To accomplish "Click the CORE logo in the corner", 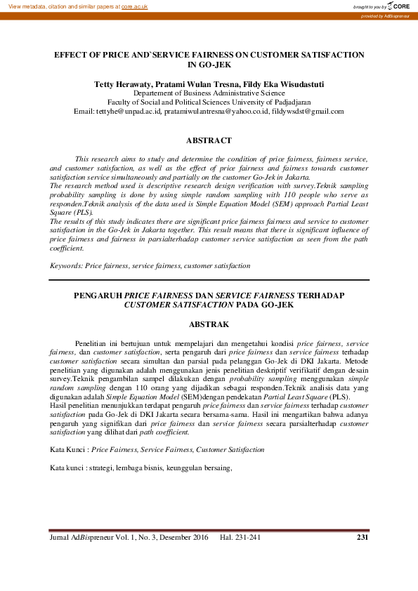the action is point(400,6).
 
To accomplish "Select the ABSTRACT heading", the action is point(209,140).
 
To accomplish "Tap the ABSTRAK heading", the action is point(209,325).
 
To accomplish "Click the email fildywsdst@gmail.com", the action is point(308,111).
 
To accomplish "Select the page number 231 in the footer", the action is point(363,538).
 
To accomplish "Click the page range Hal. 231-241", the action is point(241,538).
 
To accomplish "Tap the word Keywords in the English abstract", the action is point(65,266).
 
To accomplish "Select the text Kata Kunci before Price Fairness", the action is point(67,449).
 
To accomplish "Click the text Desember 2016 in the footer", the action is point(185,538).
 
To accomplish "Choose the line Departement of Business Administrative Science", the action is point(209,93).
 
